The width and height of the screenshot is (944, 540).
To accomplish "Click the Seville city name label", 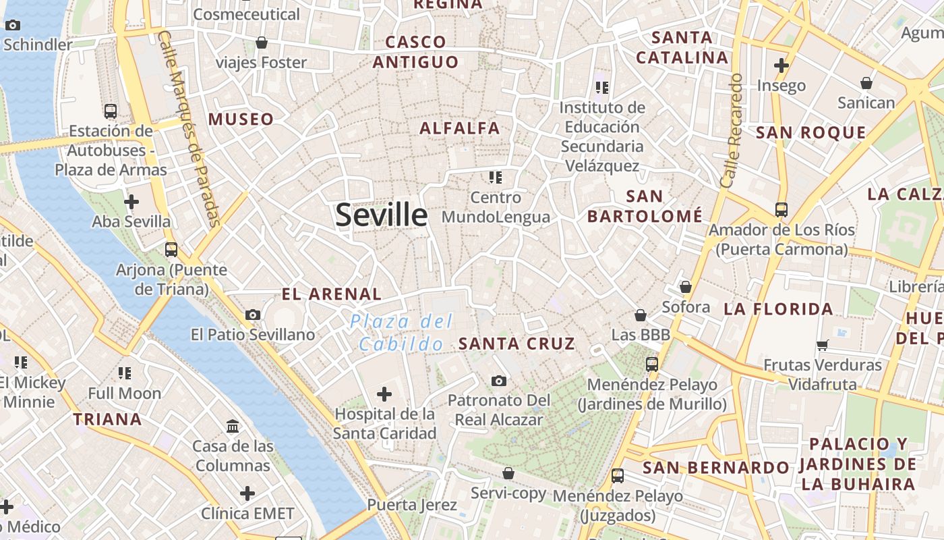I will click(x=382, y=215).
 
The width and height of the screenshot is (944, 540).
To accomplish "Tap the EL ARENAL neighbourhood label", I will click(x=332, y=294).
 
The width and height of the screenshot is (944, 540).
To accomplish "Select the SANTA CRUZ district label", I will click(x=517, y=344).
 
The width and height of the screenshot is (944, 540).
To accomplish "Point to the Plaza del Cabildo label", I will click(x=403, y=333).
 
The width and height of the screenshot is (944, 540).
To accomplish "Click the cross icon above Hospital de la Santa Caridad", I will click(x=384, y=394).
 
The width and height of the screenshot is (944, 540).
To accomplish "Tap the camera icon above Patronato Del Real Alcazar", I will click(x=499, y=381).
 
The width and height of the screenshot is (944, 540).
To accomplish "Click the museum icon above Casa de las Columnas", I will click(x=233, y=426).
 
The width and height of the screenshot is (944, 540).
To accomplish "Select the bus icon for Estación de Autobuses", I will click(x=111, y=111).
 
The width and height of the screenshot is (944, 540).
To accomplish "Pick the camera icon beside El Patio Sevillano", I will click(x=253, y=315).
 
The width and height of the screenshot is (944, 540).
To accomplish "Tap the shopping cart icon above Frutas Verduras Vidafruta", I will click(x=822, y=345).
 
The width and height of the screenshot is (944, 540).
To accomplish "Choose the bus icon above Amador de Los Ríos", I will click(x=781, y=210).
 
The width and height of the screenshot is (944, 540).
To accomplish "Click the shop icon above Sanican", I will click(x=866, y=83).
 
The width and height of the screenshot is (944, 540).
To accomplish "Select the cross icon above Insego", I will click(x=781, y=65).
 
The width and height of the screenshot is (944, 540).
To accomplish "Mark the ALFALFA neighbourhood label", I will click(x=460, y=128).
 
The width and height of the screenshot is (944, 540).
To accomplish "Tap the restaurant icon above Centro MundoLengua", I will click(x=496, y=178).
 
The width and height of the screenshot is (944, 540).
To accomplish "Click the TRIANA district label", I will click(x=108, y=419).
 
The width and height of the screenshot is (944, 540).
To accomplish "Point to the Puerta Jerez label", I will click(x=412, y=505).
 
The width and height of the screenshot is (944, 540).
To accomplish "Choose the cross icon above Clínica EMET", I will click(x=247, y=493).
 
